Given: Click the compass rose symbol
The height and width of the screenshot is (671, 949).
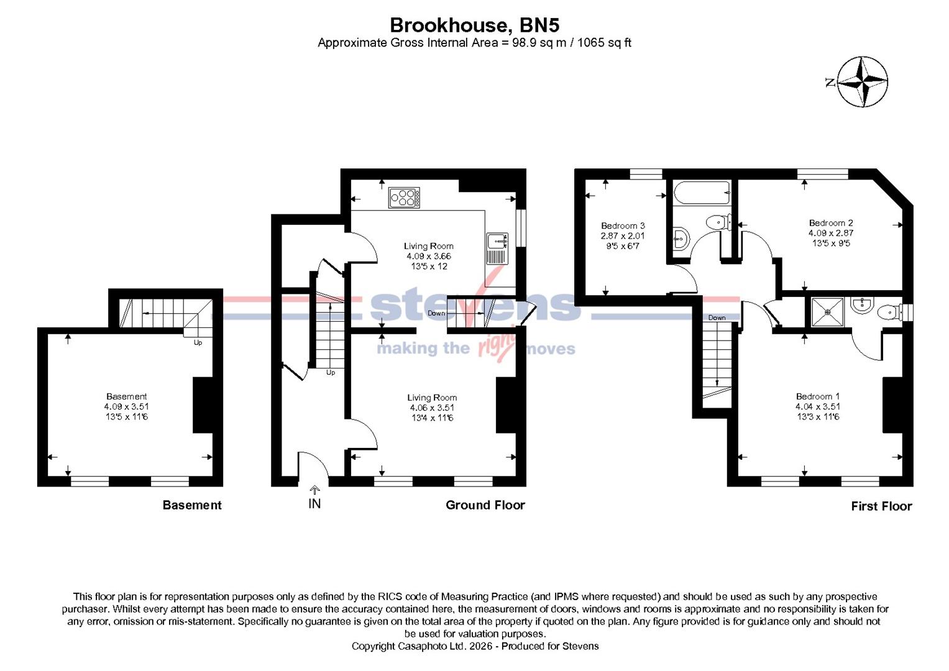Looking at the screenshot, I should tap(862, 81).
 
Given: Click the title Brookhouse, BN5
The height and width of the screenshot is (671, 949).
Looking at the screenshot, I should tap(474, 25).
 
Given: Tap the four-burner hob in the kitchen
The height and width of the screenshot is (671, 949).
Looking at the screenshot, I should tap(404, 198).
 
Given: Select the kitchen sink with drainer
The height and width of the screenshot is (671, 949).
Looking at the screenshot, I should tap(497, 249).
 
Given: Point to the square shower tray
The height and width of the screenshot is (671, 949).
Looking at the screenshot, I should tap(828, 313).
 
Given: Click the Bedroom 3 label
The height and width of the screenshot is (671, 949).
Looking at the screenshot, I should tap(623, 226).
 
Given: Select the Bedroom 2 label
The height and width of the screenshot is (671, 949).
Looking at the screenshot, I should tap(830, 222).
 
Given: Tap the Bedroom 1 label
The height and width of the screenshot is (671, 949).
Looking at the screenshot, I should tap(817, 396).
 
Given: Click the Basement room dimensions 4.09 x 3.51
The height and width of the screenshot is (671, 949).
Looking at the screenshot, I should tap(126, 406).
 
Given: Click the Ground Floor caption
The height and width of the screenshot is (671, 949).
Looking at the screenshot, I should tap(485, 505).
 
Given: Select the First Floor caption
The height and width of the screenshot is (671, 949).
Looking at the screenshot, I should tap(881, 506).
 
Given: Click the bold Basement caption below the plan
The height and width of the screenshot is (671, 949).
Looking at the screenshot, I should tap(191, 505).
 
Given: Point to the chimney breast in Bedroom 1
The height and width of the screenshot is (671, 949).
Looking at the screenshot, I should tap(892, 404).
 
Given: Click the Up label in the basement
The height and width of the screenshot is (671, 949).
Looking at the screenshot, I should tap(198, 342).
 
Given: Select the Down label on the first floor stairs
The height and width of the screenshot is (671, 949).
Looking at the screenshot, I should tap(717, 317).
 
